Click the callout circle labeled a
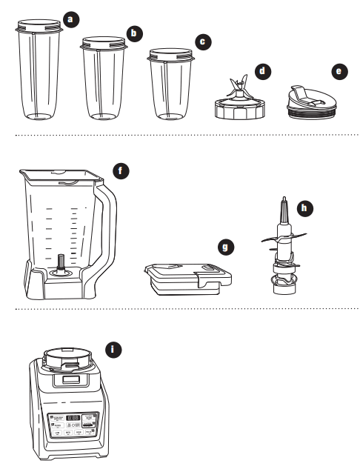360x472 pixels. pyautogui.click(x=70, y=19)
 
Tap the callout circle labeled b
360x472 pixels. pyautogui.click(x=134, y=33)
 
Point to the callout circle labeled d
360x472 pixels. pyautogui.click(x=262, y=72)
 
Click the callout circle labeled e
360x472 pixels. pyautogui.click(x=339, y=72)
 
